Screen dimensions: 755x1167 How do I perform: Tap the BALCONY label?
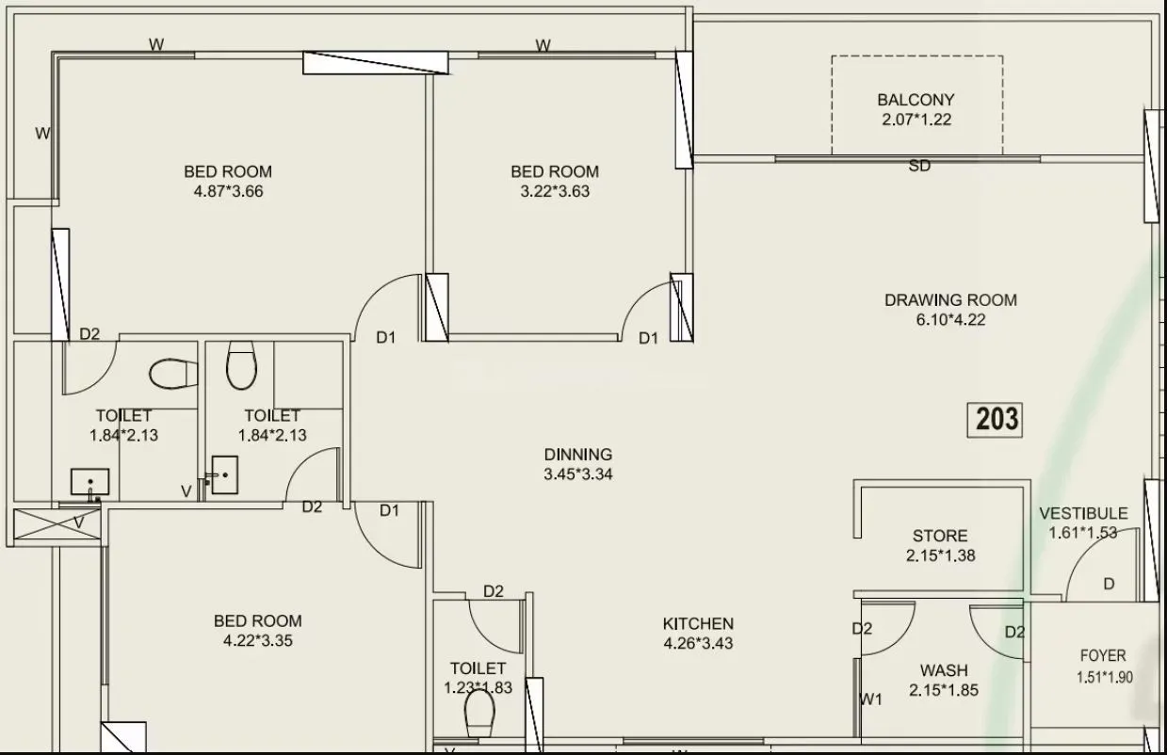coord(916,100)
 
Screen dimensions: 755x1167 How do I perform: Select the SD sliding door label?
coord(919,167)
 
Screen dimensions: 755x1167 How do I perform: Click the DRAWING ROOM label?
coord(949,300)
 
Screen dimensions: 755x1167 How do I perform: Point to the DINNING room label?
coord(577,455)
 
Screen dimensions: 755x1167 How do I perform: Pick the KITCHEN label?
coord(697,623)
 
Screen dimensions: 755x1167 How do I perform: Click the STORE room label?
coord(940,536)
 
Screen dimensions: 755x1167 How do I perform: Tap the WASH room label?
coord(943,670)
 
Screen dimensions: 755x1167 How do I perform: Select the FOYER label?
coord(1102,656)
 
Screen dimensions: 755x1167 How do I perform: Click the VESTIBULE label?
coord(1082,513)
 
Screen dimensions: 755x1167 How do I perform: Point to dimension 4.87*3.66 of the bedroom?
coord(227,191)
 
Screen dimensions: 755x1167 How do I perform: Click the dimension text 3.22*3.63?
coord(555,191)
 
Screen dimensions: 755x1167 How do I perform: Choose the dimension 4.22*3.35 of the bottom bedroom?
coord(257,641)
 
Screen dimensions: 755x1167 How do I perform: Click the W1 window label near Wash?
coord(871,699)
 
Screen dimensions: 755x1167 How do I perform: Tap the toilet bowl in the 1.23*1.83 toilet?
coord(479,718)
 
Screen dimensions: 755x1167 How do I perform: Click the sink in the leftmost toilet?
coord(90,482)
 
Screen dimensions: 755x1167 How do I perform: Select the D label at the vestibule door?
coord(1108,585)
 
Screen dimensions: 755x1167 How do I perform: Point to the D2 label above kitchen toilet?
coord(493,591)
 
